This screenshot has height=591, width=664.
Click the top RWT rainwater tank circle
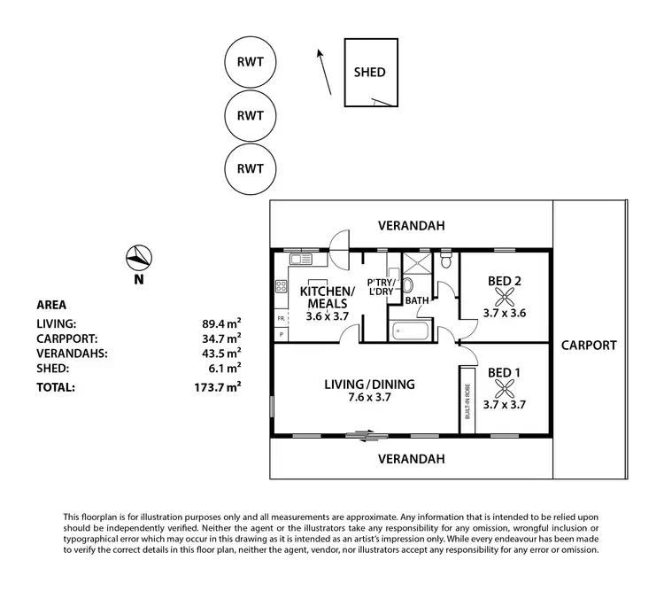tap(251, 63)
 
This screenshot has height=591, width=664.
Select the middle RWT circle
tap(251, 115)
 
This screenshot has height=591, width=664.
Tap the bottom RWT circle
tap(251, 167)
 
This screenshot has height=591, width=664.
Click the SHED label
tap(369, 72)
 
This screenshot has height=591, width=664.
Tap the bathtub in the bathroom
tap(410, 332)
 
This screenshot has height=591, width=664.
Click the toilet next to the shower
tap(446, 262)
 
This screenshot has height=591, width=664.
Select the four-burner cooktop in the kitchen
tap(282, 286)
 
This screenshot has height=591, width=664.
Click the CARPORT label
tap(588, 345)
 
